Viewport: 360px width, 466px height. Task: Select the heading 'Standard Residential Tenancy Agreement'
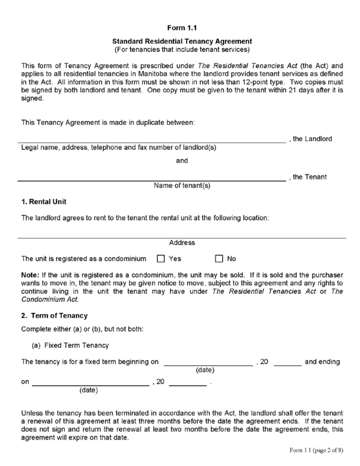(x=182, y=41)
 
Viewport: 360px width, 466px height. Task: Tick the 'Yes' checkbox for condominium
(x=160, y=259)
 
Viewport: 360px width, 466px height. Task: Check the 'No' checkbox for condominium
(x=219, y=259)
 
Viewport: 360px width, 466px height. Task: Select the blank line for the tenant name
(x=152, y=179)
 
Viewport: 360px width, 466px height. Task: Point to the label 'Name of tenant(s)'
(x=182, y=186)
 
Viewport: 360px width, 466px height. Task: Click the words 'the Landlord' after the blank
(x=313, y=139)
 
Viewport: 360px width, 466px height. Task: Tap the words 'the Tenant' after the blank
(x=310, y=177)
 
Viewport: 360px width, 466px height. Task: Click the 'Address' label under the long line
(x=182, y=243)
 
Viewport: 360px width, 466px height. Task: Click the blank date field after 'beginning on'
(x=208, y=363)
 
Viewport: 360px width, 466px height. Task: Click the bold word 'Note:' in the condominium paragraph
(x=30, y=275)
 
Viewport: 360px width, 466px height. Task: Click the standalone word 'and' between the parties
(x=182, y=160)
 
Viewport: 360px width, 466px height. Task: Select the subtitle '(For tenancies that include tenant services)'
(x=182, y=49)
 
